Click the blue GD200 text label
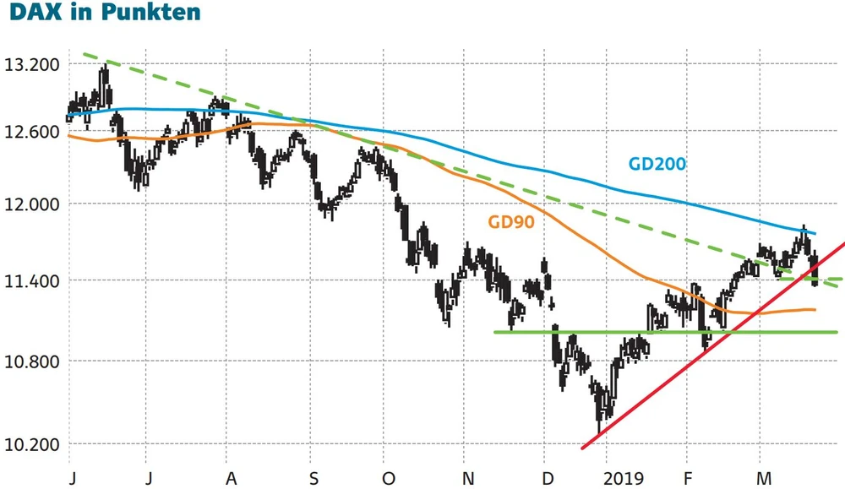click(657, 164)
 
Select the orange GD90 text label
click(511, 222)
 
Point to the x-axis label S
click(313, 479)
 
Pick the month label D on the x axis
click(546, 479)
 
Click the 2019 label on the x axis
click(623, 479)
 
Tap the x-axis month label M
click(763, 479)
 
